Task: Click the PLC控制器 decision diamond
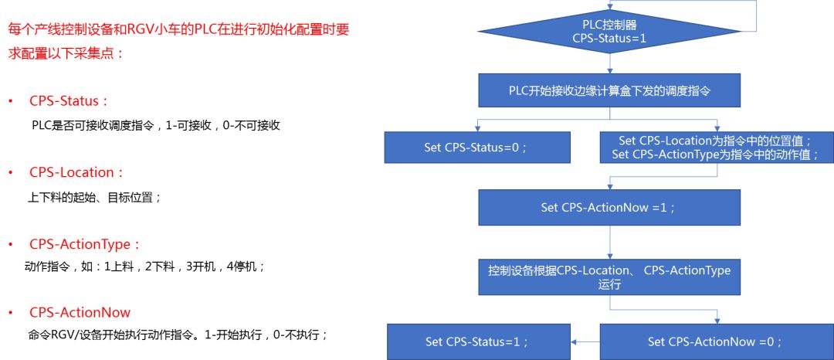pyautogui.click(x=609, y=31)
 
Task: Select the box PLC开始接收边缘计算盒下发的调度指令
pyautogui.click(x=609, y=90)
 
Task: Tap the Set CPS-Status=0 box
pyautogui.click(x=477, y=148)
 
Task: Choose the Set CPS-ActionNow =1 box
pyautogui.click(x=609, y=208)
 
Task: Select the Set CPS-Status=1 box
pyautogui.click(x=477, y=341)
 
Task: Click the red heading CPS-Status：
pyautogui.click(x=69, y=101)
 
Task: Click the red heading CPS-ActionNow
pyautogui.click(x=80, y=313)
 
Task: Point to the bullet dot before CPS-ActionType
pyautogui.click(x=11, y=245)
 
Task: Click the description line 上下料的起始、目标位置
pyautogui.click(x=95, y=197)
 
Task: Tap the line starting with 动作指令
pyautogui.click(x=146, y=267)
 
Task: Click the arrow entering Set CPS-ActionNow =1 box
pyautogui.click(x=609, y=184)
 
